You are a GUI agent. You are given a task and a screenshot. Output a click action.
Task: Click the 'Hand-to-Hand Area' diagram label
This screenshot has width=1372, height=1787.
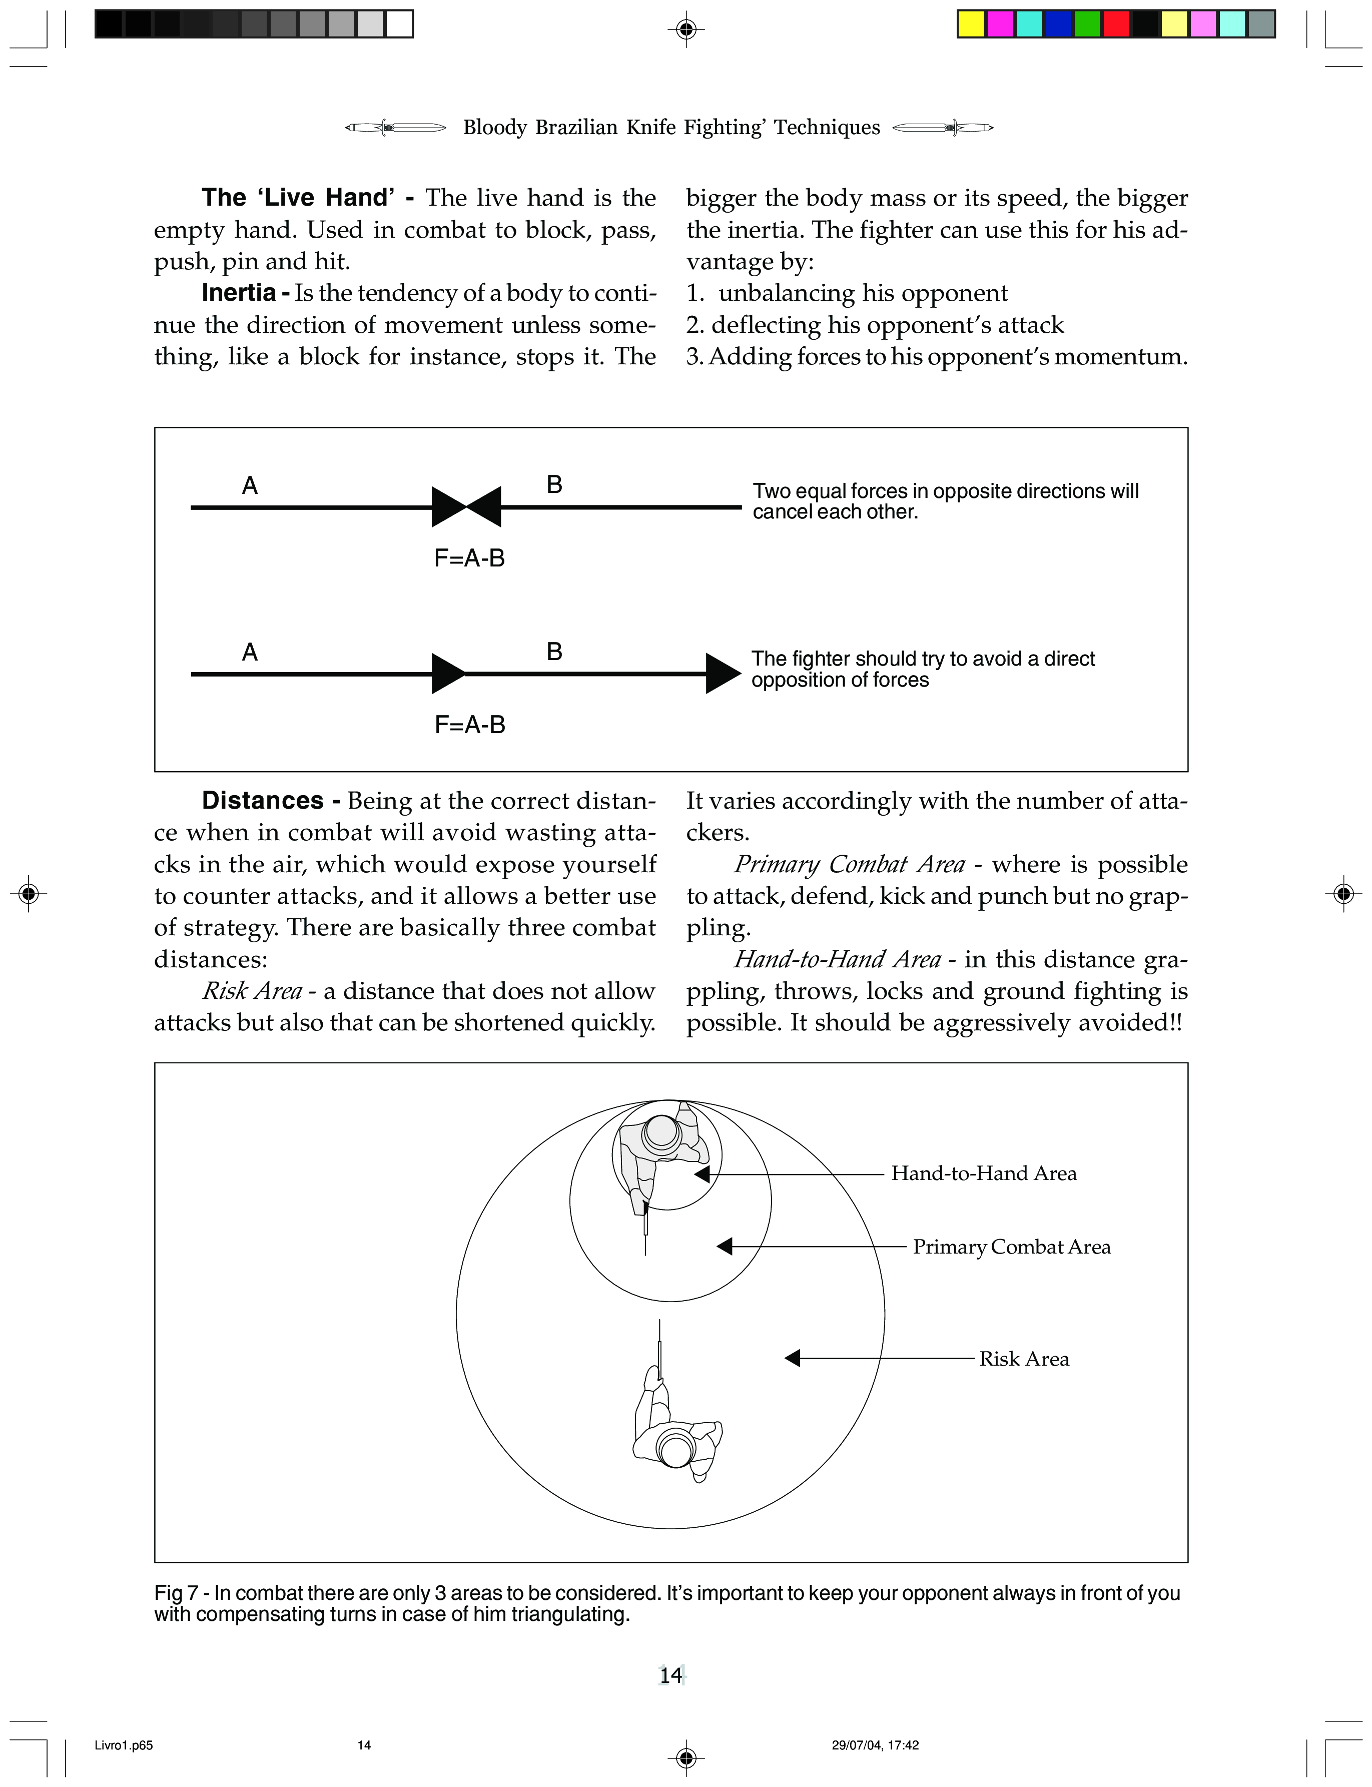tap(983, 1173)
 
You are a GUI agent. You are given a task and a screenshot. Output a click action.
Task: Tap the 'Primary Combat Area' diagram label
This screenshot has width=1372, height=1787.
tap(1011, 1247)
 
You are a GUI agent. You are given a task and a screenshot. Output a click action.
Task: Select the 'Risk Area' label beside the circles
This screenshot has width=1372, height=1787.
tap(1024, 1359)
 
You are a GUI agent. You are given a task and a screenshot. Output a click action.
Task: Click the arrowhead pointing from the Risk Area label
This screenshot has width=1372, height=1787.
tap(792, 1358)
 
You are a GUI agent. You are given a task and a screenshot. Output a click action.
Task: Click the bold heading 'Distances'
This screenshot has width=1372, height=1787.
tap(262, 800)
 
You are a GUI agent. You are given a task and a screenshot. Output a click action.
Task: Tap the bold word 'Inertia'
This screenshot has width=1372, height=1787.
tap(239, 292)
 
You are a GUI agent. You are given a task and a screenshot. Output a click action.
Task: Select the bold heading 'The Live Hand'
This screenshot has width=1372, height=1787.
tap(298, 198)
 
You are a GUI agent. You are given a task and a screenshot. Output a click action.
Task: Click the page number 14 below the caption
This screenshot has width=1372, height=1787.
tap(670, 1676)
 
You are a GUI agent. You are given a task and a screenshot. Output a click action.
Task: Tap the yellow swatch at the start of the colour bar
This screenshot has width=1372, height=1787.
tap(971, 24)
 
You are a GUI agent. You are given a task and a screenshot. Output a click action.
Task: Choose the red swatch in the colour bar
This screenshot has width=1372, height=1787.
tap(1116, 24)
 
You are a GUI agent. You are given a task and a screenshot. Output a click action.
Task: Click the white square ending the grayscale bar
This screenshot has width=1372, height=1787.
tap(399, 24)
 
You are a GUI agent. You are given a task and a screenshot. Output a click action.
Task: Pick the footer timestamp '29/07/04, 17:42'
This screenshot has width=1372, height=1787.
tap(875, 1745)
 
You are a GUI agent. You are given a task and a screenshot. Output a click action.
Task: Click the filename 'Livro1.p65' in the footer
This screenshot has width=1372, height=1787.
tap(123, 1745)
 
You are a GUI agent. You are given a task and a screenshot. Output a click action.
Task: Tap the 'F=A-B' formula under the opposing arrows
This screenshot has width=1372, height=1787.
tap(469, 558)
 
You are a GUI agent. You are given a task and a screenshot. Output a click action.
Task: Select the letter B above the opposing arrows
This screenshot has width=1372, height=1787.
tap(554, 485)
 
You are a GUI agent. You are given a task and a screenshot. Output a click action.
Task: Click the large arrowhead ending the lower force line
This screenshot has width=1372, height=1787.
tap(723, 674)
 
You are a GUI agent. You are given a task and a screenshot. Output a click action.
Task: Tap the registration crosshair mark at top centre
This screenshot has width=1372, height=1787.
tap(686, 30)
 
